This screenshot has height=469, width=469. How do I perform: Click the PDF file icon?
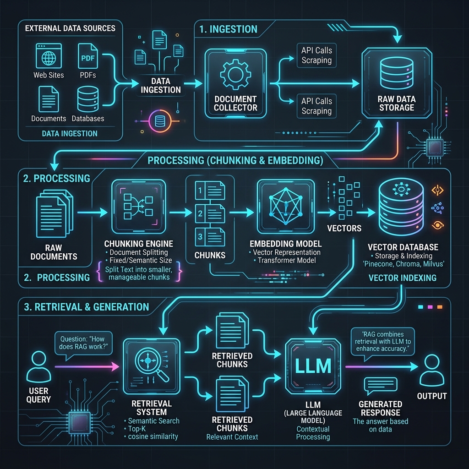[x=87, y=56]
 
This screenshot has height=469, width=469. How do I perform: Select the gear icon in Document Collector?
[x=235, y=74]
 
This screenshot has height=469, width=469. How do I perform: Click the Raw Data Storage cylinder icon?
[x=397, y=73]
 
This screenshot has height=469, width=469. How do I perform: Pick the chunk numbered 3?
[x=210, y=237]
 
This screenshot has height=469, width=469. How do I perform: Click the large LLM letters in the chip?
[x=313, y=366]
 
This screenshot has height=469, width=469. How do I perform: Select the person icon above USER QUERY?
[x=38, y=367]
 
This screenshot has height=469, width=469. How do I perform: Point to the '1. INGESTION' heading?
[x=228, y=29]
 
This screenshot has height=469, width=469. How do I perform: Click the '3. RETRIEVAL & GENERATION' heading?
[x=86, y=307]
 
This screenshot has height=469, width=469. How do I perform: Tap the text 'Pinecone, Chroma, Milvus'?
[x=404, y=264]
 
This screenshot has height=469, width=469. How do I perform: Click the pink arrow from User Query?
[x=87, y=366]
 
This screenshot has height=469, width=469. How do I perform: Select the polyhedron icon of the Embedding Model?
[x=286, y=206]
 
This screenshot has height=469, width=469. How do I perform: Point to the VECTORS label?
[x=344, y=228]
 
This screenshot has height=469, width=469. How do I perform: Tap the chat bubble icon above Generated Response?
[x=381, y=386]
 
